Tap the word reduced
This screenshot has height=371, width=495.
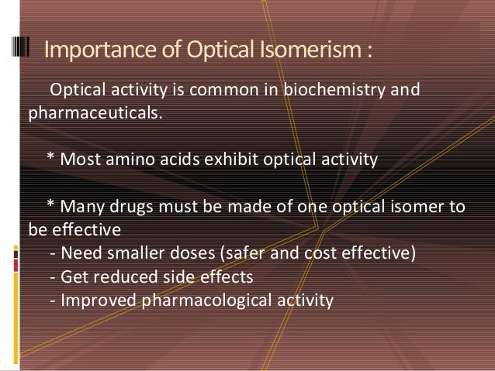click(x=126, y=275)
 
